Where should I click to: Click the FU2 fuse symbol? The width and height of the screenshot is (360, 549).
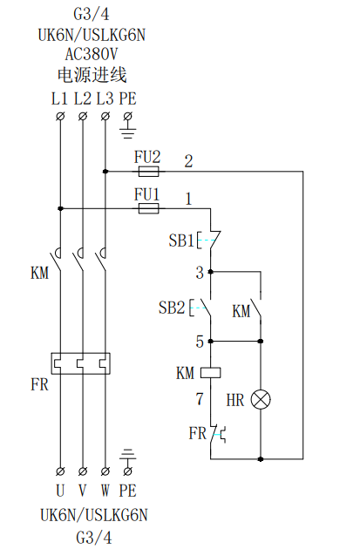click(x=148, y=172)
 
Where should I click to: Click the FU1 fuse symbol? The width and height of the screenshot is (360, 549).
click(x=148, y=209)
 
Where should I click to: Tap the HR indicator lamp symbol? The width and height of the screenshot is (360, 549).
click(x=261, y=400)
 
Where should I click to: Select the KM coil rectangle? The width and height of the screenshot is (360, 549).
click(x=210, y=373)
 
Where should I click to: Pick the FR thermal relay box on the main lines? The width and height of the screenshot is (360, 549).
click(x=81, y=363)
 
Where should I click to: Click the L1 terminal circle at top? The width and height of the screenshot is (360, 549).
click(x=60, y=116)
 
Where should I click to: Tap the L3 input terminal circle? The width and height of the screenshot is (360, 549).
click(x=105, y=116)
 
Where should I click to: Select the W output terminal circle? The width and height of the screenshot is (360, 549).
click(x=105, y=471)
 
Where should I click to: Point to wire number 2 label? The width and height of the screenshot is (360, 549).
click(x=189, y=161)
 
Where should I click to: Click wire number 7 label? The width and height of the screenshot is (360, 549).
click(x=200, y=399)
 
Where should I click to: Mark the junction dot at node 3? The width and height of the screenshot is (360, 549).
click(x=210, y=271)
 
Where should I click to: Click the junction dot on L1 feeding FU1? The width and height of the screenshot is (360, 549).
click(x=60, y=208)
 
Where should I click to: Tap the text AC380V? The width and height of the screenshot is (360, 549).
click(x=92, y=54)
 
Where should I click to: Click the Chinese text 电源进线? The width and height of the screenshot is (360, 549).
click(x=92, y=75)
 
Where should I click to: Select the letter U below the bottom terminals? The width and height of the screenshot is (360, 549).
click(x=60, y=490)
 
